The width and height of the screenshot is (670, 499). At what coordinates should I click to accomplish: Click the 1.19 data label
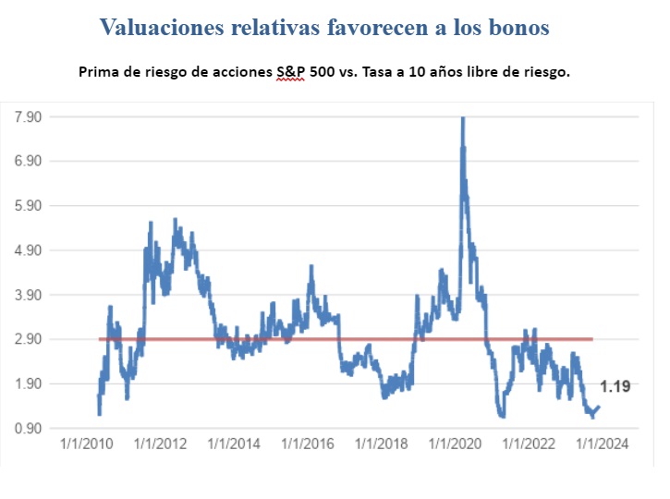615,387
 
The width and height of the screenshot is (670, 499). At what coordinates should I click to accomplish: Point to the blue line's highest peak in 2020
462,119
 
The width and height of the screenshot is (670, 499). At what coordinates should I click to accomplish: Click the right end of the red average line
591,339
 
